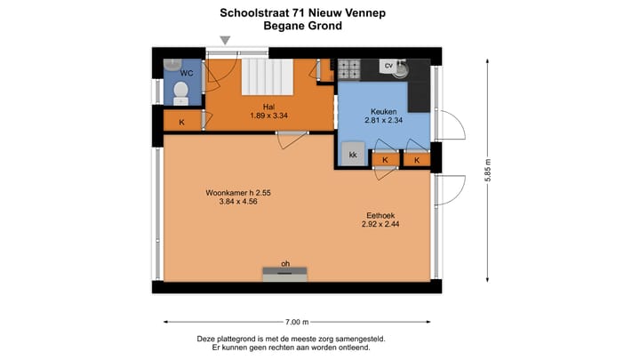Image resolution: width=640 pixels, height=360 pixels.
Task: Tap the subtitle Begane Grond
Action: coord(303,27)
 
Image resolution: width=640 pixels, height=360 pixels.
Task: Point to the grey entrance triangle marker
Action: coord(226,40)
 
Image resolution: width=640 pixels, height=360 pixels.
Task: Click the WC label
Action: coord(187,73)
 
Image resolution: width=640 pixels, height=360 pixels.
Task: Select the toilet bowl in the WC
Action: coord(180,91)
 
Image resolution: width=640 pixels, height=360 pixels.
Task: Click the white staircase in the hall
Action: coord(268,78)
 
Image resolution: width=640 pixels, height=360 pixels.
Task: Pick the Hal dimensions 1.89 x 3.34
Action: coord(268,116)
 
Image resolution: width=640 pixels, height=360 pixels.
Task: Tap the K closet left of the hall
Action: coord(182,122)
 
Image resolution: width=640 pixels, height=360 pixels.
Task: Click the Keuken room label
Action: coord(383,111)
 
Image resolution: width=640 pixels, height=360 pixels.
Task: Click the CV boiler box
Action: coord(388,66)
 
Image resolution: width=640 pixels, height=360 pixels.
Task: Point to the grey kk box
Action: coord(353,155)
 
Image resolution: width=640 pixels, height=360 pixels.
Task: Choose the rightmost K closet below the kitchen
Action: coord(417,159)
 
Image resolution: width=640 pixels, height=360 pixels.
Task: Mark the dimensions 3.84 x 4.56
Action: coord(237,202)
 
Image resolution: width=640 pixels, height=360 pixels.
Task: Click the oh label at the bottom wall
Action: coord(285,263)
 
